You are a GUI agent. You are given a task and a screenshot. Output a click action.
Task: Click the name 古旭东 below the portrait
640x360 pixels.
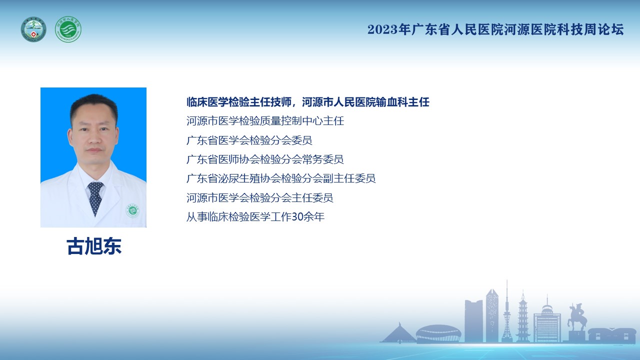click(94, 246)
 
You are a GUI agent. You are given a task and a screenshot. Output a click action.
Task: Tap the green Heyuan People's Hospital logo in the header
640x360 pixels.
click(68, 29)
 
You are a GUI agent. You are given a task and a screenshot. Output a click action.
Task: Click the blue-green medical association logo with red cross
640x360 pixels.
click(33, 29)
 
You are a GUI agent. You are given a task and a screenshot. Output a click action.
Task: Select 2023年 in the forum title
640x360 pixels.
click(389, 29)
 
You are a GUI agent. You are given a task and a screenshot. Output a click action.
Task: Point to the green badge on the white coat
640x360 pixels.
click(132, 210)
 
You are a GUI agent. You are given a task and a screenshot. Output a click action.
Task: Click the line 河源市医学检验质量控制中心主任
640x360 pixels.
click(265, 121)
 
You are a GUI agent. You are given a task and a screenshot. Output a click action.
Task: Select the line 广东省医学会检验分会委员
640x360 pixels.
click(249, 140)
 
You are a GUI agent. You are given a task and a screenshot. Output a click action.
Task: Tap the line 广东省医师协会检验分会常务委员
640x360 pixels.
click(265, 159)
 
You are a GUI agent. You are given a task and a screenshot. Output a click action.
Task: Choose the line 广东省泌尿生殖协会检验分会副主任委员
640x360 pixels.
click(281, 178)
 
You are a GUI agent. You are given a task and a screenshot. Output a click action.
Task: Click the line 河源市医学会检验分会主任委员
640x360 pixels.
click(259, 197)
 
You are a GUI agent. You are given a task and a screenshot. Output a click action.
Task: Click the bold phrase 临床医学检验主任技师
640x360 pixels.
click(239, 102)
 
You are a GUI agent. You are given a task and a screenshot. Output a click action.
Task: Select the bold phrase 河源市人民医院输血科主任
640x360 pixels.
click(365, 102)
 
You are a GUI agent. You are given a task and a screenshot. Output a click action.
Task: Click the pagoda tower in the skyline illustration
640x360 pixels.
click(523, 316)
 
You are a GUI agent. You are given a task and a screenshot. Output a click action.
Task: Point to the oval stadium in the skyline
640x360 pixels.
click(438, 333)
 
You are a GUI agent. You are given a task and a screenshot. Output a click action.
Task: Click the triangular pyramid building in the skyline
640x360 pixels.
click(398, 333)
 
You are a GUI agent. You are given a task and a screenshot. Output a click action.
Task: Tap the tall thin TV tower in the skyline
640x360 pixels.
click(507, 311)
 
